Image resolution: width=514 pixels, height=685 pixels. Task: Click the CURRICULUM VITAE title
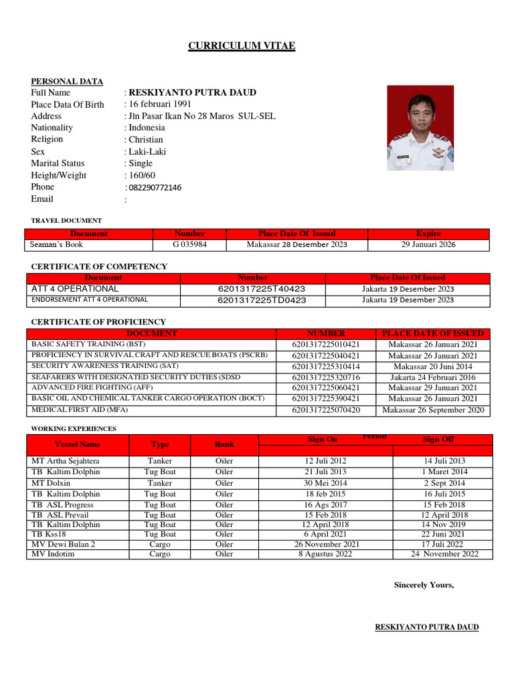tap(242, 45)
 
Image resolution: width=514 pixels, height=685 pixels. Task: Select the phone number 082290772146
tap(155, 187)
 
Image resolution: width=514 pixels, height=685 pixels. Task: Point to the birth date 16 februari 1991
tap(160, 104)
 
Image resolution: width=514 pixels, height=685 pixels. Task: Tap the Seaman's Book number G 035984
tap(189, 245)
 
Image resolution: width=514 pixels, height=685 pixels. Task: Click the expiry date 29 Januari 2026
tap(428, 245)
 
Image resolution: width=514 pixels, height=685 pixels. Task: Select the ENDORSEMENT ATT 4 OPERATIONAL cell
tap(90, 300)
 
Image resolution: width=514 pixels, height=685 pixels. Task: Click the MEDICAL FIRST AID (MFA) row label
tap(80, 409)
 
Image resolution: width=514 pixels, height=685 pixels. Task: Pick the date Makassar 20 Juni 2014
tap(432, 367)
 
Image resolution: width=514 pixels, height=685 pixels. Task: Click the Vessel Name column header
tap(78, 444)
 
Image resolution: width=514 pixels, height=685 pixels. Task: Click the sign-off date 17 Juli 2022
tap(442, 545)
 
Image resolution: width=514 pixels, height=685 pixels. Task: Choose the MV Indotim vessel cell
tap(53, 554)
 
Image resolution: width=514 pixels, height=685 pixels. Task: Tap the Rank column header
tap(224, 444)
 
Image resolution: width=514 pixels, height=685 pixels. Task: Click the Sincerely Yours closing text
tap(424, 585)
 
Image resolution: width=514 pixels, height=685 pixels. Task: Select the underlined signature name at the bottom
tap(427, 627)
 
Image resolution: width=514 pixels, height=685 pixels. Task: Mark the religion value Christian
tap(146, 140)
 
